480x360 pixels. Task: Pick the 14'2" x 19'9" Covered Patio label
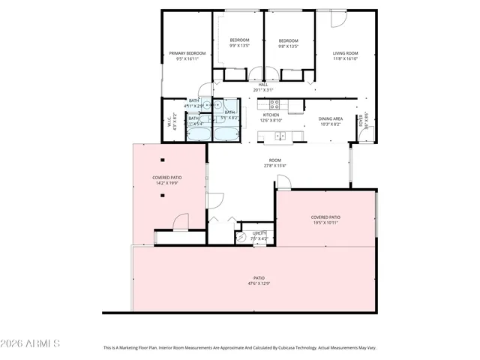click(x=167, y=179)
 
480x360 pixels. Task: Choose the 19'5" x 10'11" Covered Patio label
click(x=325, y=220)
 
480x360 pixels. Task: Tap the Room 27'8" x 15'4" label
click(x=275, y=163)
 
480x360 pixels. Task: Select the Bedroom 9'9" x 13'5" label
click(x=239, y=43)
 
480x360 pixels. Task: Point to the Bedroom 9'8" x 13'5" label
click(x=289, y=43)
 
